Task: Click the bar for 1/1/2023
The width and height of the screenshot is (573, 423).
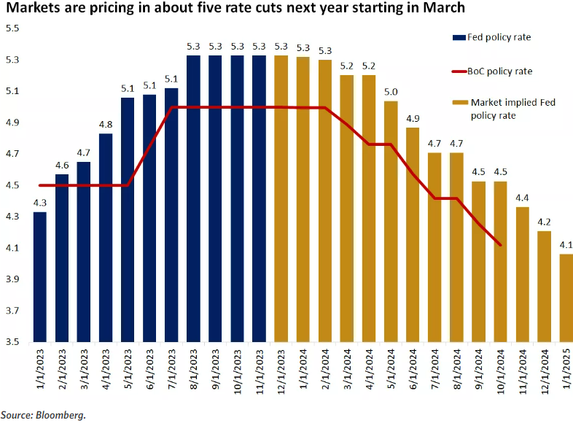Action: coord(39,277)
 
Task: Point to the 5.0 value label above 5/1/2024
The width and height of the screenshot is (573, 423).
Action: coord(391,92)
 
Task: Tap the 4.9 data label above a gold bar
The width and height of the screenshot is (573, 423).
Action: coord(413,119)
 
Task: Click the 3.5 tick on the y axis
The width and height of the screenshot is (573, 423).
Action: coord(12,341)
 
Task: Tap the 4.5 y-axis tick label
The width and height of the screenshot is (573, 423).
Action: coord(12,185)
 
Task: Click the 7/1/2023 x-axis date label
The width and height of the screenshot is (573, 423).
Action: coord(172,372)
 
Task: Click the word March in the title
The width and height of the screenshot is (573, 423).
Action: coord(444,9)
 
